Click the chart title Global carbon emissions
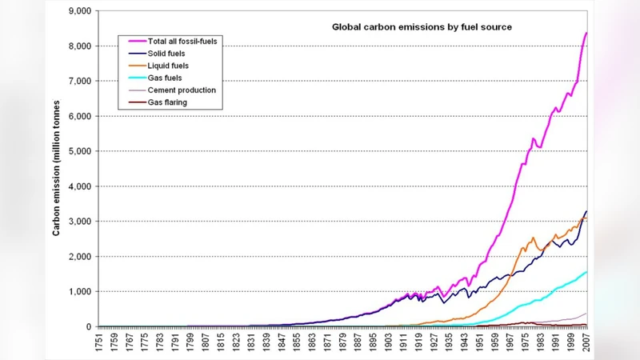422,26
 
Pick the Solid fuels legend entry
167,53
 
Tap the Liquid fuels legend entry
169,65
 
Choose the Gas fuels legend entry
166,78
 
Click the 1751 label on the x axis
98,344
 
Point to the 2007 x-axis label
586,344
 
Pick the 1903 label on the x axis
388,344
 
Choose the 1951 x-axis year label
480,344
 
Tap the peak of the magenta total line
586,33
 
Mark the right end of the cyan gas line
586,272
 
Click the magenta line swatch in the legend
134,40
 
